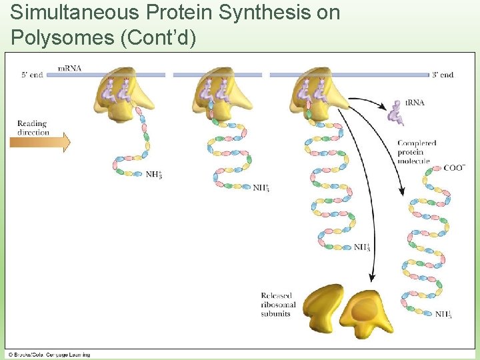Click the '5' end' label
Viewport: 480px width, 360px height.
(32, 75)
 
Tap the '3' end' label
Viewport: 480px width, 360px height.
(443, 75)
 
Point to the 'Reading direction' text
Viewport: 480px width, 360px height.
(33, 127)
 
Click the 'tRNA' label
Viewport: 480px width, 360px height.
(415, 103)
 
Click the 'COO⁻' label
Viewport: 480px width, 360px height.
(454, 167)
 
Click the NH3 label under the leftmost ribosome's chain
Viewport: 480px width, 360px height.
(153, 175)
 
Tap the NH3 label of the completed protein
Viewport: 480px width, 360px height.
(443, 314)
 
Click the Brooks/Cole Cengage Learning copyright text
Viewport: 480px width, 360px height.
(50, 354)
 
